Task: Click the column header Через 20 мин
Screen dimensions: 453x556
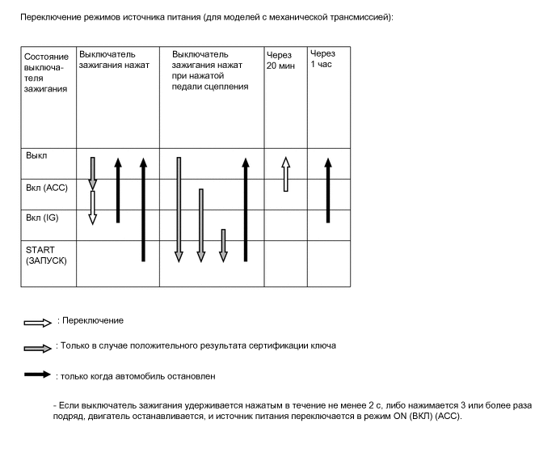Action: [282, 60]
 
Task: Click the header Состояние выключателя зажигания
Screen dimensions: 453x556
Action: [46, 73]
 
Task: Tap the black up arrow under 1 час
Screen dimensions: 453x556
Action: [327, 189]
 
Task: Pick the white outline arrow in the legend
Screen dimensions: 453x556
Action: [37, 322]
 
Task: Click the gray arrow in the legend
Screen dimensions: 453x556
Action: [37, 347]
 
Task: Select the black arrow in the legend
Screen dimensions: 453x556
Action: [37, 376]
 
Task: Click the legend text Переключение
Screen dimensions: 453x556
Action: [93, 320]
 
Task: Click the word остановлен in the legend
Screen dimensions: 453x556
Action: [191, 375]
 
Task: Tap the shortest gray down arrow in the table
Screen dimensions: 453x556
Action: [224, 245]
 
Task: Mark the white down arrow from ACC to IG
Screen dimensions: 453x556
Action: [93, 207]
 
